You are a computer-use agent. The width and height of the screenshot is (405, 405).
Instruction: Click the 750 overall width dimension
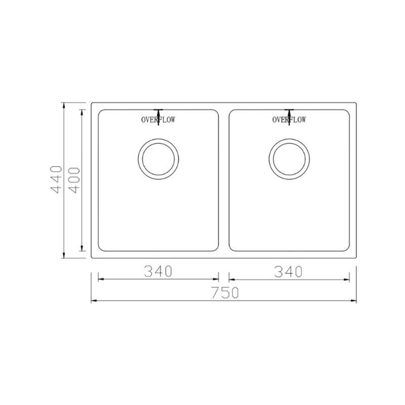coord(225,293)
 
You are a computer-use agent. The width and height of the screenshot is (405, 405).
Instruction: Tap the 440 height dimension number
coord(57,180)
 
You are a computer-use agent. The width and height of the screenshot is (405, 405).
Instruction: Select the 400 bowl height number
coord(75,180)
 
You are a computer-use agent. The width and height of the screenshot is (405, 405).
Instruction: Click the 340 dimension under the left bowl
coord(158,271)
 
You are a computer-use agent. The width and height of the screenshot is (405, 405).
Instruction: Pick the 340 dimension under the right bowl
coord(288,272)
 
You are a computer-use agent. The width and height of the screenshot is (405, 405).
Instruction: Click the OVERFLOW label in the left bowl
coord(158,119)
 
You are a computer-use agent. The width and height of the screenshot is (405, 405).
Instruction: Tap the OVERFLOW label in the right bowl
coord(289,119)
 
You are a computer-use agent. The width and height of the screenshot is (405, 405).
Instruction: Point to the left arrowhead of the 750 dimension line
coord(94,301)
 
